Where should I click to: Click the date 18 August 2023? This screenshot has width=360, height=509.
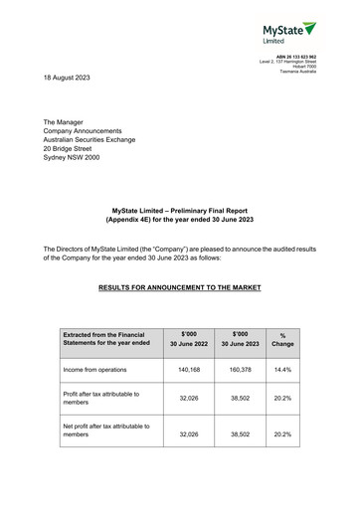[73, 77]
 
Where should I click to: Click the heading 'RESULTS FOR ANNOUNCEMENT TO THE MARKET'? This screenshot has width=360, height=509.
[180, 287]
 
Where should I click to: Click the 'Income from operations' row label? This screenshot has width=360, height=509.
[98, 370]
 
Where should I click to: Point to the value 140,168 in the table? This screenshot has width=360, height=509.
[189, 370]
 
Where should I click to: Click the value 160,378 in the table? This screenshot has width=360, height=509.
[240, 370]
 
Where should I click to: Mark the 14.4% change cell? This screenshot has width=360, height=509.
[282, 370]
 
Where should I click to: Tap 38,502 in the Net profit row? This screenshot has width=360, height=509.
[240, 434]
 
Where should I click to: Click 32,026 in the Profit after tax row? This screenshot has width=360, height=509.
[189, 401]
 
